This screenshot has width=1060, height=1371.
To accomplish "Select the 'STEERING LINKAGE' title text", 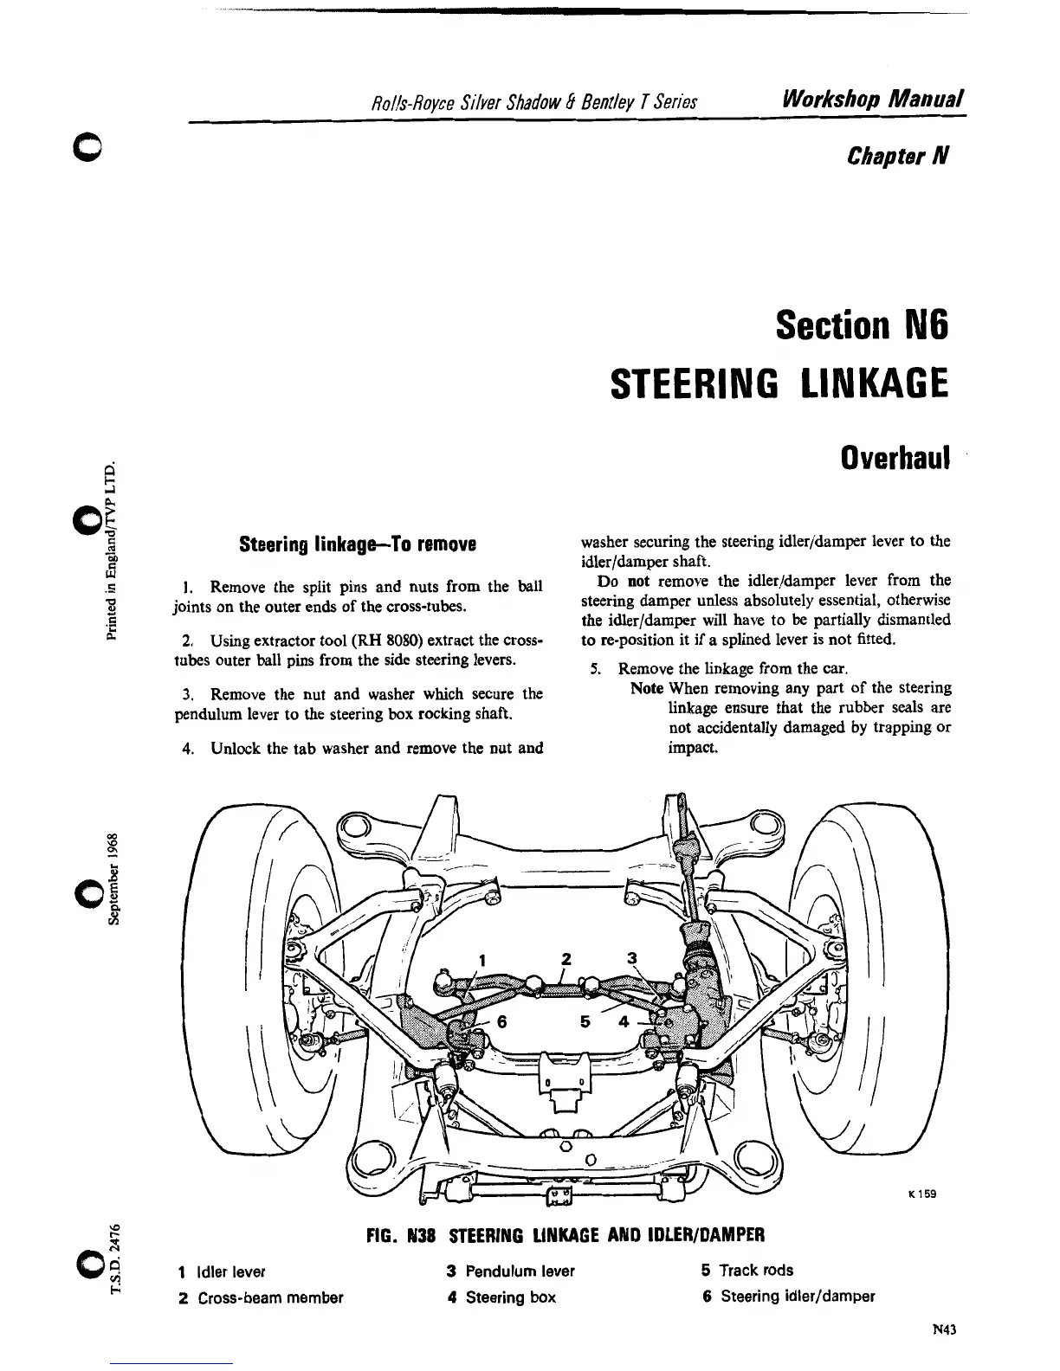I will [x=779, y=382].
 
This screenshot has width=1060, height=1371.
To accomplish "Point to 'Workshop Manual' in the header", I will [x=873, y=99].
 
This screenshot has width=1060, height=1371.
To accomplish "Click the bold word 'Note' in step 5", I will [x=647, y=688].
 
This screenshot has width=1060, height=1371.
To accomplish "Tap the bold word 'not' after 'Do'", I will [x=638, y=580].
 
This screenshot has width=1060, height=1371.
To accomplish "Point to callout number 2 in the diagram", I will [x=567, y=958].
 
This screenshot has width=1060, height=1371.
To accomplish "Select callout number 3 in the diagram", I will [x=631, y=958].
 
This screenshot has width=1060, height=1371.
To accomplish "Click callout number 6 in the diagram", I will [x=501, y=1020].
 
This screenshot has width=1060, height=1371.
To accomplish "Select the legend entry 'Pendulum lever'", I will [x=520, y=1271].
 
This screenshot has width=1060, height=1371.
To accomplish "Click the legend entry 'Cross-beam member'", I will [x=270, y=1297].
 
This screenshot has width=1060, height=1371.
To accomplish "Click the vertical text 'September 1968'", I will [x=113, y=879].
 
